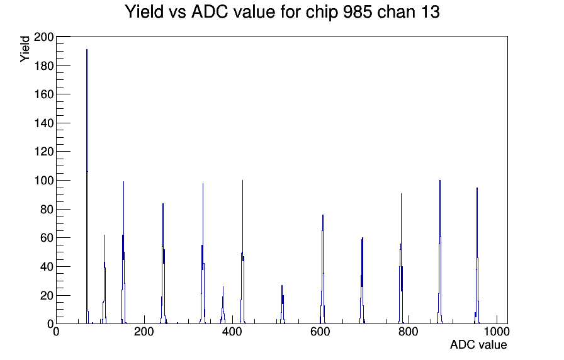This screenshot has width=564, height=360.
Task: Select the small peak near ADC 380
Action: [x=223, y=306]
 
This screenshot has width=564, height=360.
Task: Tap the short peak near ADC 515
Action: [x=283, y=305]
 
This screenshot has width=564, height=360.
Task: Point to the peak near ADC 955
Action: [x=477, y=256]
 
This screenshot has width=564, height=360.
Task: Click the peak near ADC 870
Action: [x=439, y=252]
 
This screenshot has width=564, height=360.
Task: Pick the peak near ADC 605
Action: [x=323, y=270]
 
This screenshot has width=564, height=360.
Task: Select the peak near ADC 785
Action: [x=401, y=259]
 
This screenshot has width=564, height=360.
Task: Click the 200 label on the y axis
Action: [x=43, y=37]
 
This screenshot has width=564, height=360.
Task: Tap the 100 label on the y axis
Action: [x=43, y=181]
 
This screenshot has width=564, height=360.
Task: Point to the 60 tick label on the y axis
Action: [x=47, y=238]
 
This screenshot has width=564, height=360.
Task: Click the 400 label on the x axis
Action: [x=232, y=332]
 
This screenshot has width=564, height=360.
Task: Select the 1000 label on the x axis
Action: [x=497, y=332]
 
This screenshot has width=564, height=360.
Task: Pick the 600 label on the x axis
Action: [x=320, y=332]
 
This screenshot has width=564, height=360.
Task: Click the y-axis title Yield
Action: [x=25, y=49]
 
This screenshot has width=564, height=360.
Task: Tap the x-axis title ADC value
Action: [x=478, y=345]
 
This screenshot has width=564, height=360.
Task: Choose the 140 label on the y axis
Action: [x=43, y=123]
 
